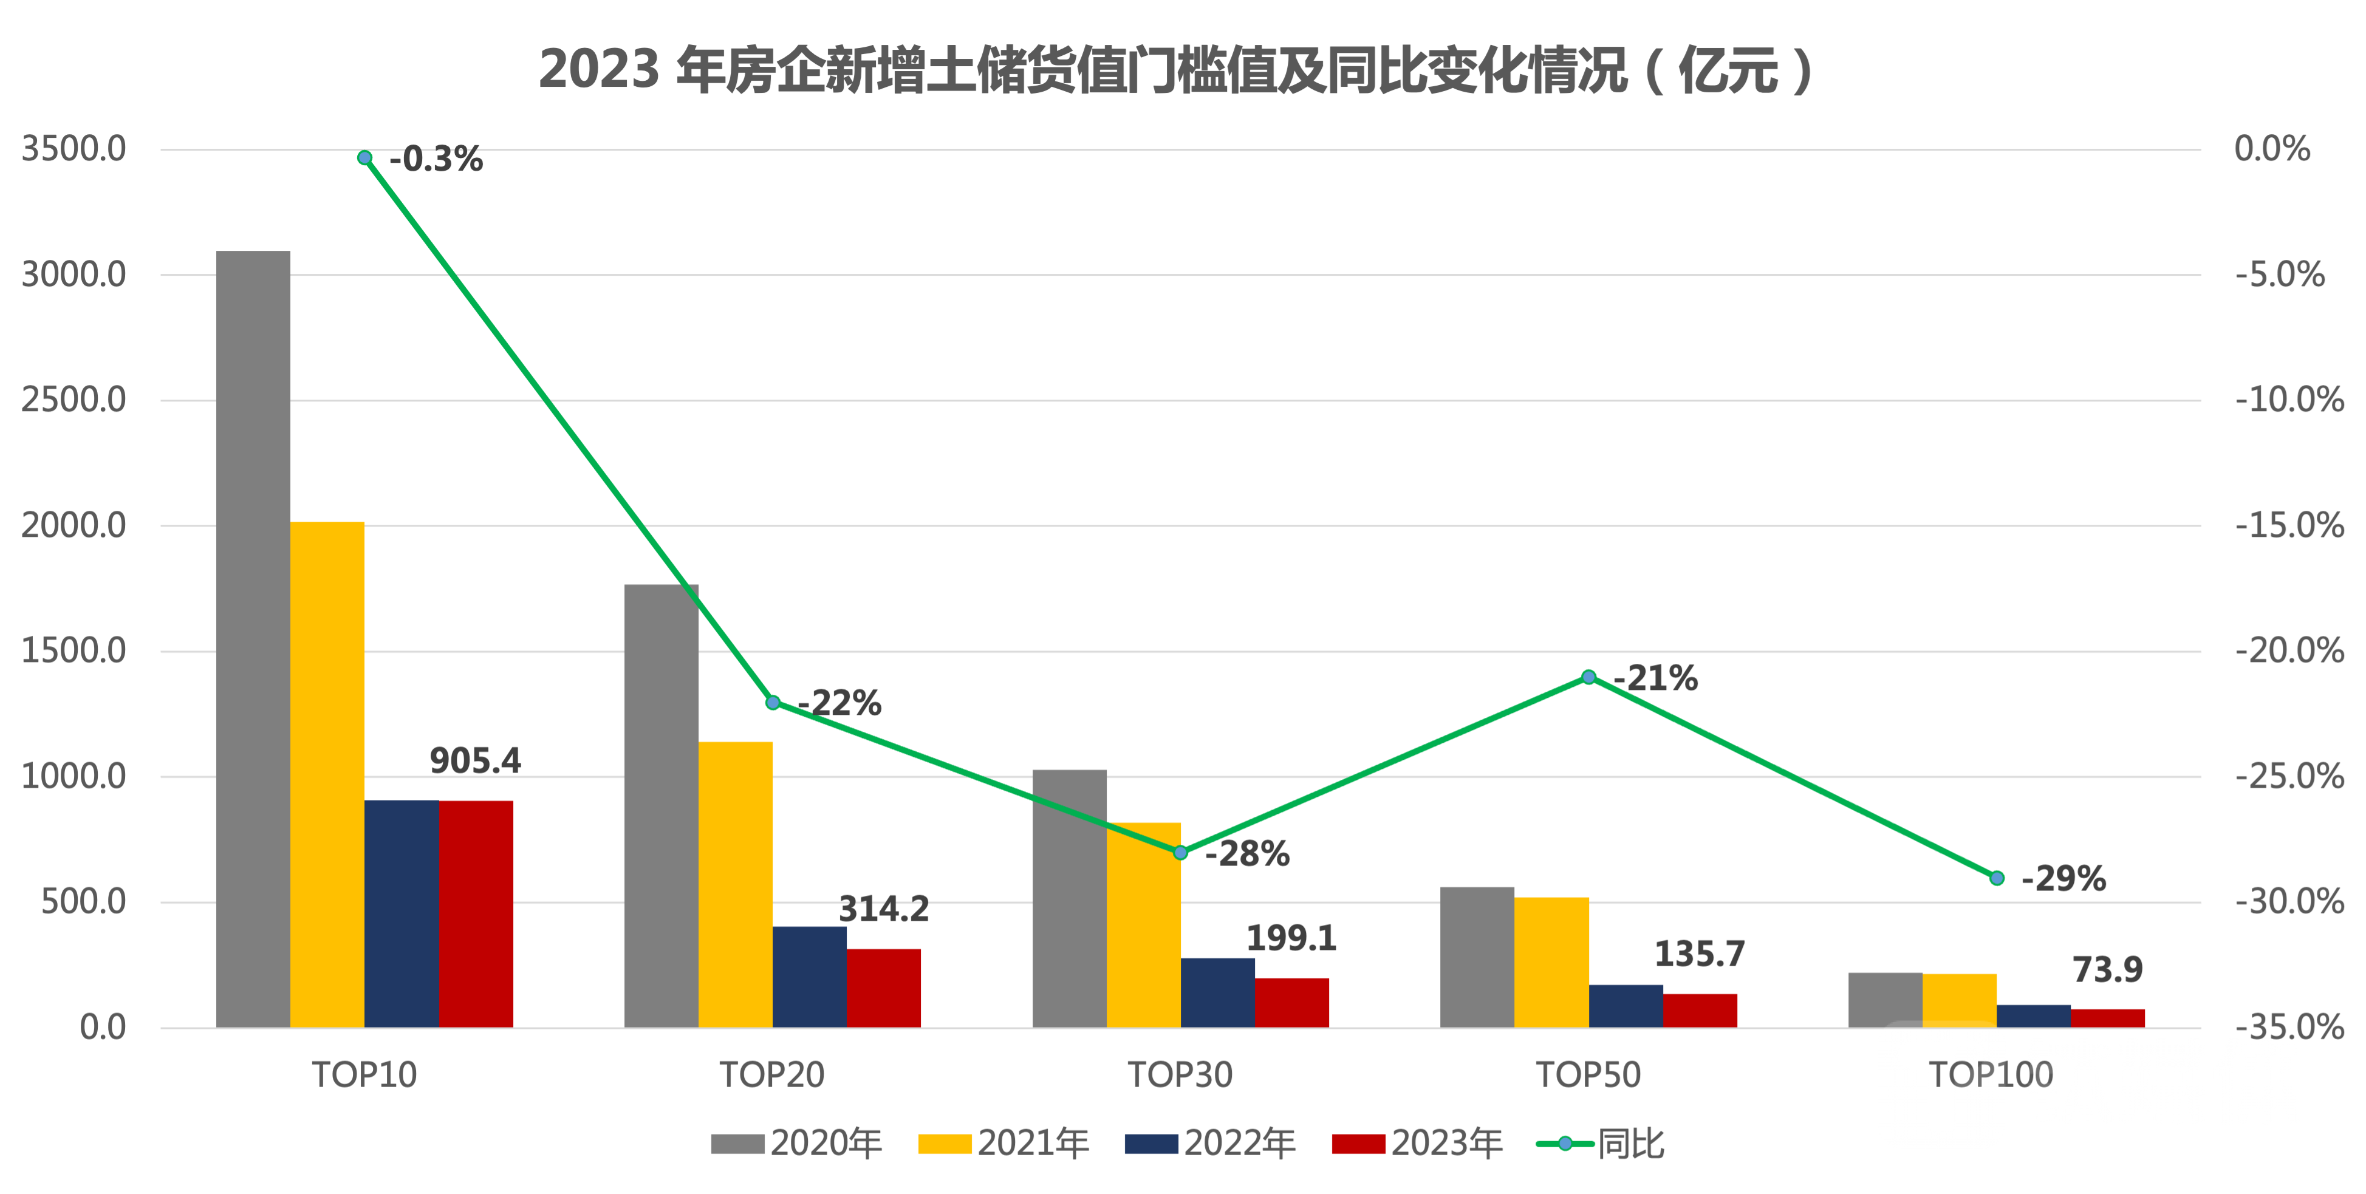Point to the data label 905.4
(476, 760)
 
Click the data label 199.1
(1291, 938)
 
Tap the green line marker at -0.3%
(364, 158)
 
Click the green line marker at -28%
(1181, 853)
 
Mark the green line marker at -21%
(1589, 677)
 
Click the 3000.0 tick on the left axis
(74, 275)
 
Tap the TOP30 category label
(1180, 1074)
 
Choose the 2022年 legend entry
(1211, 1144)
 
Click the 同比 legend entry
(1602, 1144)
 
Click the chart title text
(1175, 70)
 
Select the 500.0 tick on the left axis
(84, 902)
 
